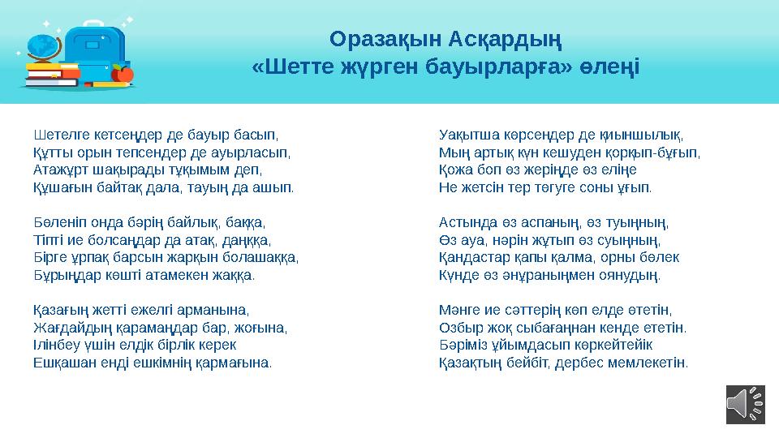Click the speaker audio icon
pos(745,403)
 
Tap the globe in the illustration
pos(41,46)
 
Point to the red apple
pos(123,75)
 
